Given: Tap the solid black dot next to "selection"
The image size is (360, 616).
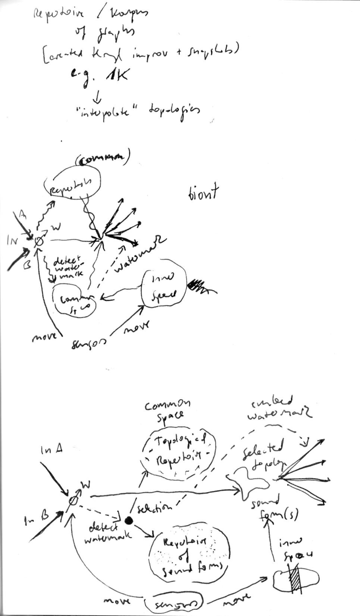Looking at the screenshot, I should click(129, 520).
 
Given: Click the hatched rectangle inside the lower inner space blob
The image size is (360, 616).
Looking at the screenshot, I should click(296, 578).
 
